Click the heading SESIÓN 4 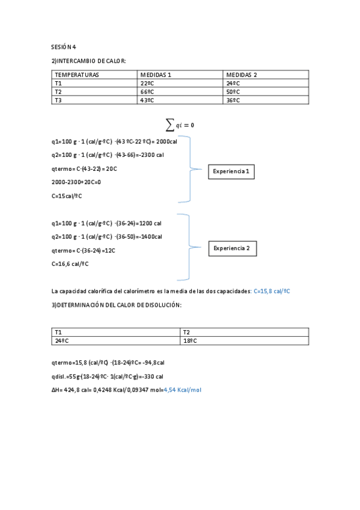(x=63, y=46)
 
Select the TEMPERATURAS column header (x=77, y=75)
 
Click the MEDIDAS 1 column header (x=156, y=75)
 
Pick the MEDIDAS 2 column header (x=241, y=75)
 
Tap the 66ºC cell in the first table (x=147, y=91)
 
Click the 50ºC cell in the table (x=233, y=91)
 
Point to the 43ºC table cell (x=147, y=100)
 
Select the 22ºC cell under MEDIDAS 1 (x=147, y=83)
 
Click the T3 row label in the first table (x=58, y=100)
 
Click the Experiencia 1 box (x=232, y=172)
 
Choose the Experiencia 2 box (x=233, y=248)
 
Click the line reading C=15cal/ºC (x=67, y=195)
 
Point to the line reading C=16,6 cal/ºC (x=70, y=263)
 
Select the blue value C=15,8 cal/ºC (x=272, y=291)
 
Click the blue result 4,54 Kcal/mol (x=182, y=390)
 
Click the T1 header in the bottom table (x=58, y=332)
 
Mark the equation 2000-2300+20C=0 (x=76, y=182)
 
